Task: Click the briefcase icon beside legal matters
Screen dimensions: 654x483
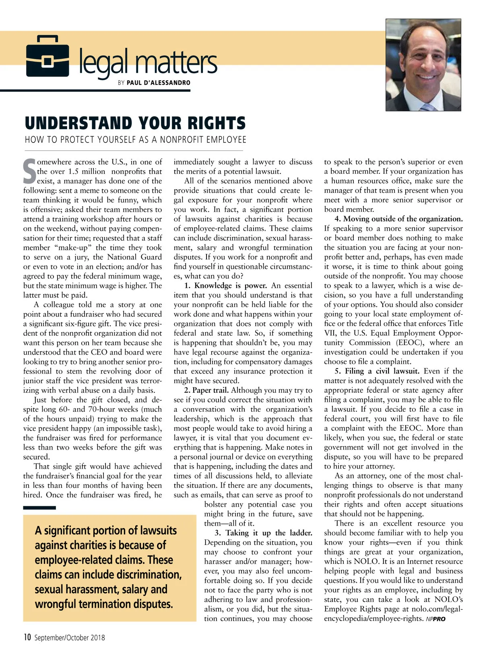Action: point(47,56)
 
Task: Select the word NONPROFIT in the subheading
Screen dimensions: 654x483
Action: point(182,140)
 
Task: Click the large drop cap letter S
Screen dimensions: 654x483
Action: point(29,171)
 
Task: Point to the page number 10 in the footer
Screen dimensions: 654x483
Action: point(27,637)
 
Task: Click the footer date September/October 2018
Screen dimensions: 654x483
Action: point(69,637)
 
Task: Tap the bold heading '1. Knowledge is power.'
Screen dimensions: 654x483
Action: point(226,285)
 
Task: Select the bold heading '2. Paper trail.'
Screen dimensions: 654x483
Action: point(206,390)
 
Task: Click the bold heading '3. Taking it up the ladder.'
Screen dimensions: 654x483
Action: point(263,533)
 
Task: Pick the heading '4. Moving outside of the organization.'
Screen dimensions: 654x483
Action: point(398,219)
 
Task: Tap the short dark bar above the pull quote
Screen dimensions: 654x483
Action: point(39,508)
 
